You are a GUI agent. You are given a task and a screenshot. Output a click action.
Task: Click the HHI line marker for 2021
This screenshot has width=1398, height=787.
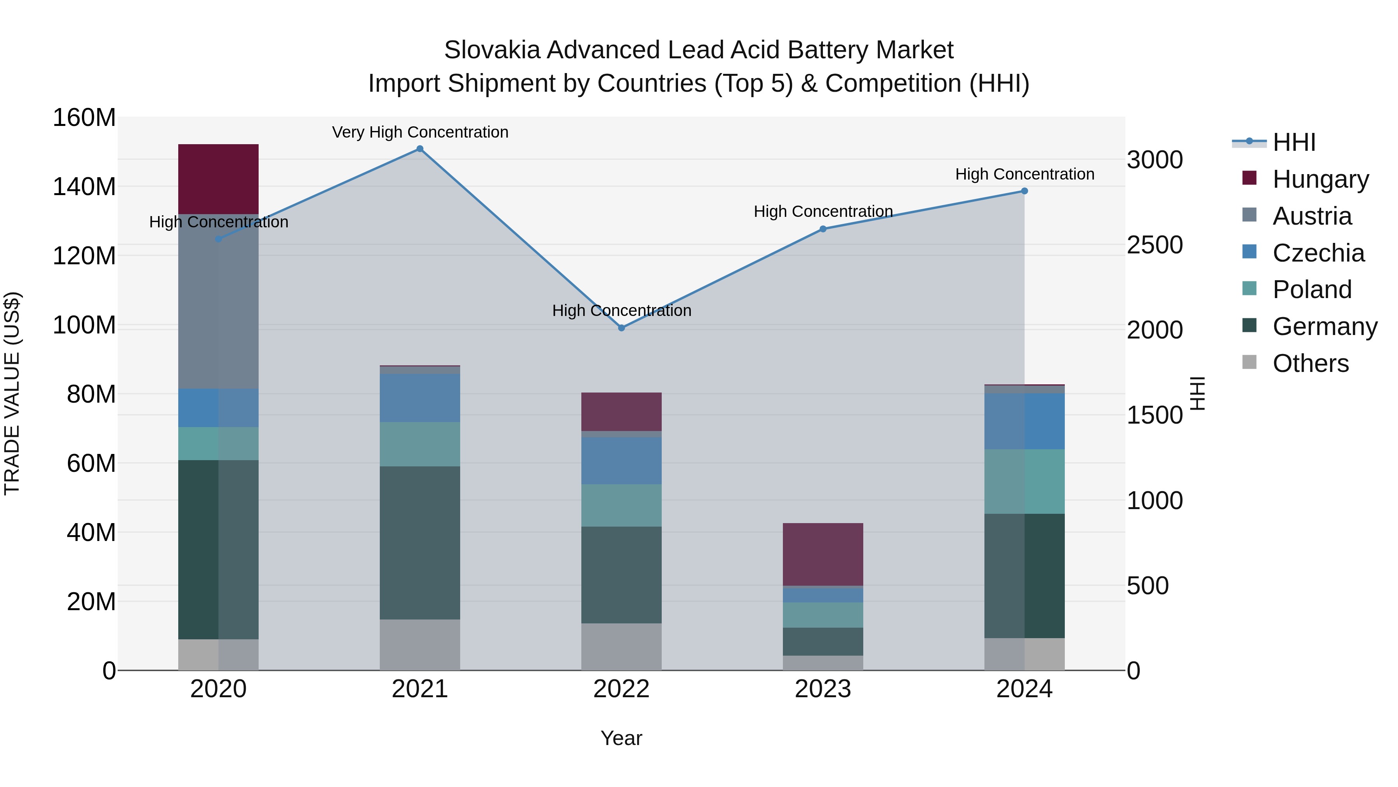click(x=419, y=149)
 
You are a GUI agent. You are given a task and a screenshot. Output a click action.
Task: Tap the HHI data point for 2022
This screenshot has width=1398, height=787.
click(x=621, y=328)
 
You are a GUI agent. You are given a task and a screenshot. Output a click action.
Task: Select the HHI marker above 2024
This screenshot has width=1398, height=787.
click(x=1024, y=191)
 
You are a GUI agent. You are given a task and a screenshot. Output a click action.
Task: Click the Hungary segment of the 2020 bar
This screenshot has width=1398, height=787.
click(x=218, y=179)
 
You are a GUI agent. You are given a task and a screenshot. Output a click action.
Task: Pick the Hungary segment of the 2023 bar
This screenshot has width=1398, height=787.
click(x=823, y=554)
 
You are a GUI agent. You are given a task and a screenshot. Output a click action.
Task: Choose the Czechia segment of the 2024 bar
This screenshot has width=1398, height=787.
click(x=1024, y=421)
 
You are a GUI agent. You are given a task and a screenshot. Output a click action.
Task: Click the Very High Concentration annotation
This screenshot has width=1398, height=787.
click(x=420, y=132)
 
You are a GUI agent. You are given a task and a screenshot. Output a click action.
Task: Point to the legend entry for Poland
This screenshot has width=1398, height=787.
click(x=1312, y=290)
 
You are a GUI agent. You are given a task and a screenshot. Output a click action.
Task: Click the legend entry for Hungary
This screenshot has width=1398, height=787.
click(x=1320, y=179)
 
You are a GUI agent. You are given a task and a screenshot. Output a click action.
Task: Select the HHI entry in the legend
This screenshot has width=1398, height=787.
click(x=1294, y=142)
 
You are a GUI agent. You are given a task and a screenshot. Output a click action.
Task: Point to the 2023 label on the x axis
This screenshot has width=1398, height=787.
click(x=823, y=689)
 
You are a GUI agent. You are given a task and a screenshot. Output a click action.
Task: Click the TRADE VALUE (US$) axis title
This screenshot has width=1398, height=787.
click(x=12, y=393)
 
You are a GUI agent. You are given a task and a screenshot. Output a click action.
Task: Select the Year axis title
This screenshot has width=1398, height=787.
click(x=621, y=738)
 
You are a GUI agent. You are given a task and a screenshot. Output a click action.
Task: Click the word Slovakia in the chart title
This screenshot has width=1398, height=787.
click(x=492, y=50)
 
